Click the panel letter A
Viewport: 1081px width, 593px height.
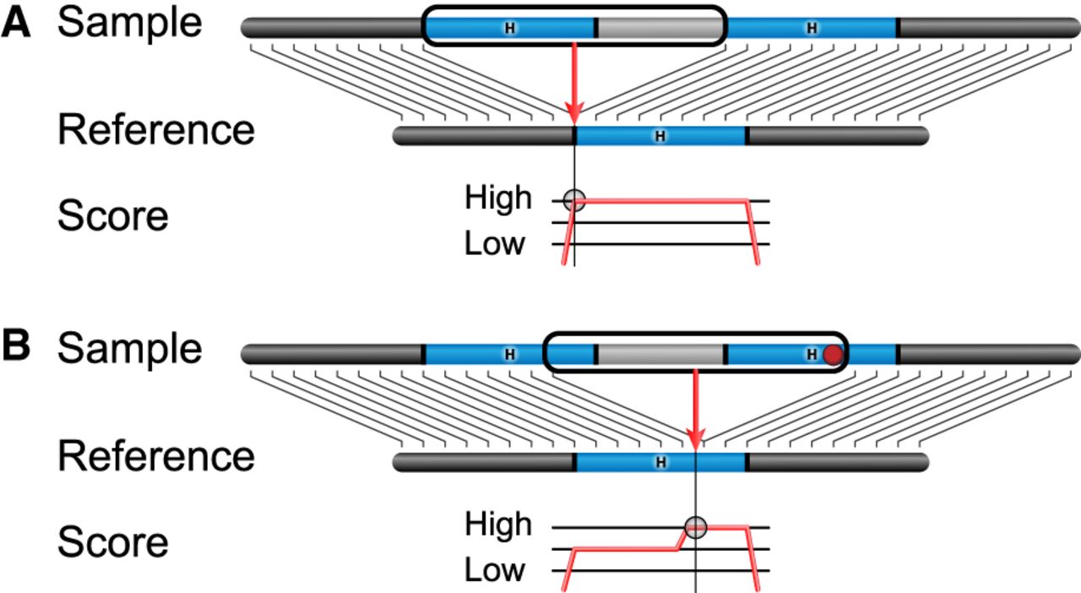tap(16, 24)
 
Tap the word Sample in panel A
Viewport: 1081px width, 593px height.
tap(130, 24)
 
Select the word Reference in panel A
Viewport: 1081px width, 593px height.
tap(155, 131)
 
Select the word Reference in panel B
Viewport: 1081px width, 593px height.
tap(155, 457)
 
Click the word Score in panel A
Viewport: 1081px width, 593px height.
tap(112, 216)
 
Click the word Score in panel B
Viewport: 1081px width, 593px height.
tap(112, 542)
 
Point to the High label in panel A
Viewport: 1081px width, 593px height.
tap(498, 199)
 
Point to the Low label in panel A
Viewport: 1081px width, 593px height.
tap(495, 244)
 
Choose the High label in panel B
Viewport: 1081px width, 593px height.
tap(498, 525)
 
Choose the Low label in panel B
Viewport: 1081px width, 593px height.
tap(495, 570)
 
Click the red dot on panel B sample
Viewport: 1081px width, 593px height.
tap(834, 355)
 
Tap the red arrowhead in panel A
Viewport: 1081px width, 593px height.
tap(574, 114)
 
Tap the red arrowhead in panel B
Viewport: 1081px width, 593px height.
tap(695, 439)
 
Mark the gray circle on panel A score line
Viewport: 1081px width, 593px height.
tap(574, 200)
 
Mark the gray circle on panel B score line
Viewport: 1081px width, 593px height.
tap(695, 527)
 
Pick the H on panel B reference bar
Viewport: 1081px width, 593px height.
tap(660, 462)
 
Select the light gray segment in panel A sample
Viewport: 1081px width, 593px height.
tap(660, 28)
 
